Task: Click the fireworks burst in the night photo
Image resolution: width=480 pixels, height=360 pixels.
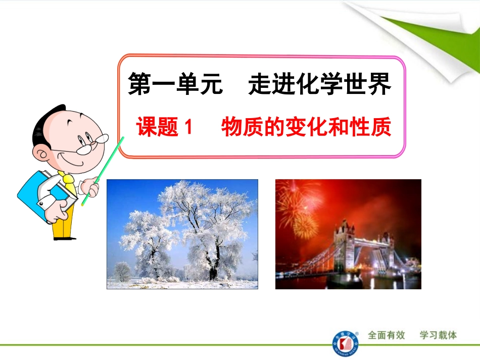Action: [298, 207]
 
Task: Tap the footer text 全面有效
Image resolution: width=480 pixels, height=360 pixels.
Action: [387, 335]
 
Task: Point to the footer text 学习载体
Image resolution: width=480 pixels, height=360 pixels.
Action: [438, 335]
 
